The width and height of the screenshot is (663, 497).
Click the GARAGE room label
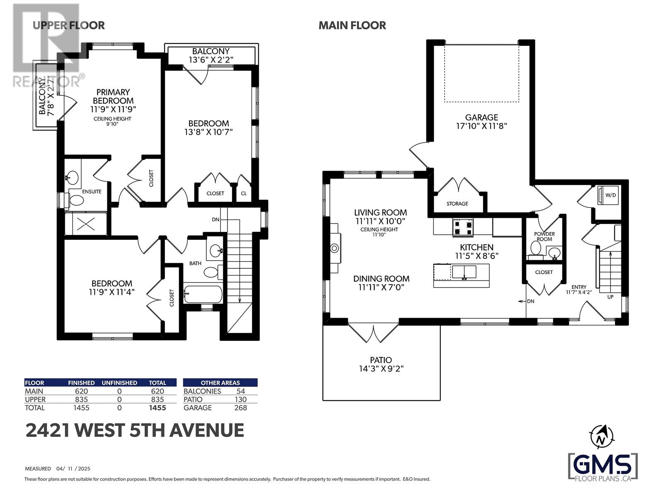482,117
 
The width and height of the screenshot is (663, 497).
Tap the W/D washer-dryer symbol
608,195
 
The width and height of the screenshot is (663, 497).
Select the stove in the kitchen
462,227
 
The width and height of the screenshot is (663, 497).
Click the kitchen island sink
464,272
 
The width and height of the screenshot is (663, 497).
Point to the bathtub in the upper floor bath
203,294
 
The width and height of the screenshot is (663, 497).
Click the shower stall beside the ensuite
86,223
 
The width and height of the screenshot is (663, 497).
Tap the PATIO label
381,360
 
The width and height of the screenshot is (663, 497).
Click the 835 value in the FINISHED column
81,399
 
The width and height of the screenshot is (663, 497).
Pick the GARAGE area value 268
240,408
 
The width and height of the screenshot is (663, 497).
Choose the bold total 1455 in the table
157,408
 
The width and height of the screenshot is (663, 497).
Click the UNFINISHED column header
119,383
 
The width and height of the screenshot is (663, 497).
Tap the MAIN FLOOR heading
352,25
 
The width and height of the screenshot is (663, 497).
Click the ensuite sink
73,176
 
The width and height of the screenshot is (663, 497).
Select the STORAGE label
457,204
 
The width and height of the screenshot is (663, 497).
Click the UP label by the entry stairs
610,297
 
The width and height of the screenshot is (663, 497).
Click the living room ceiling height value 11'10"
379,234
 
